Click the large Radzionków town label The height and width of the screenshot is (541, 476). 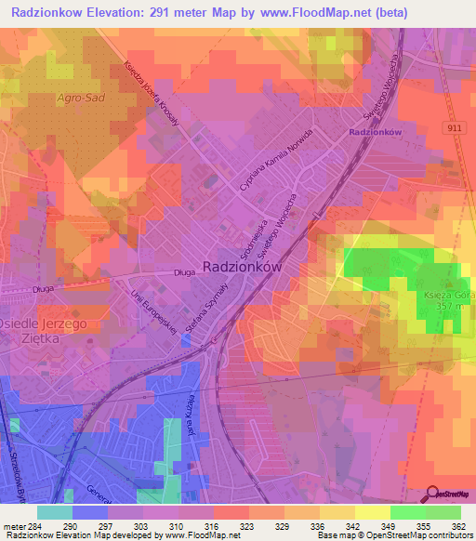tap(242, 265)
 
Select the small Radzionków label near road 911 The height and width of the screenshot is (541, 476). tap(375, 133)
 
